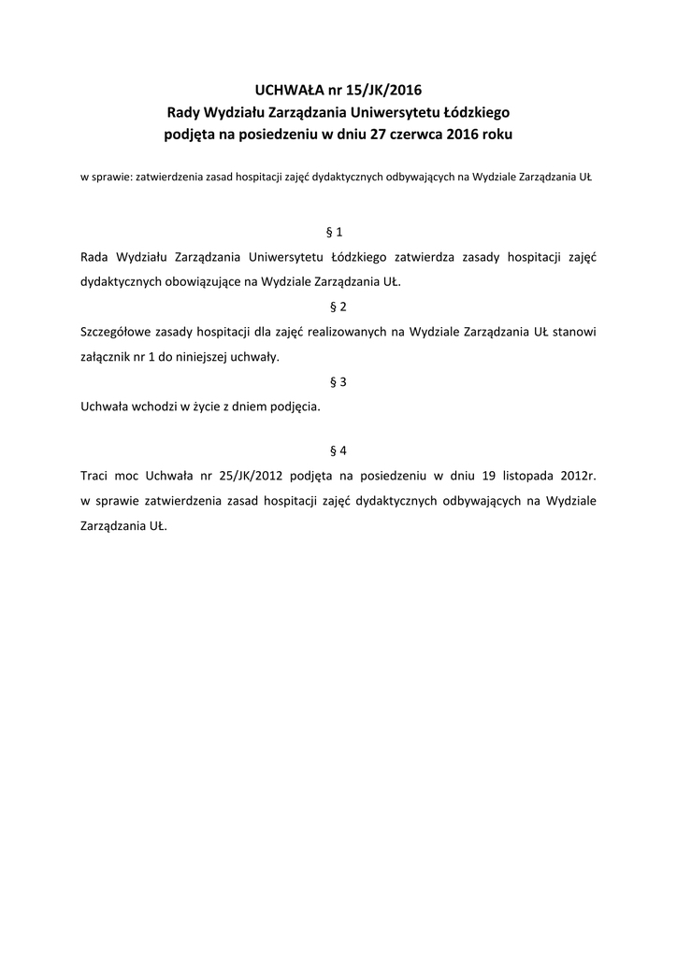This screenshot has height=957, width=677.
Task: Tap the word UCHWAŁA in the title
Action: coord(285,91)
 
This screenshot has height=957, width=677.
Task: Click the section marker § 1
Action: coord(338,230)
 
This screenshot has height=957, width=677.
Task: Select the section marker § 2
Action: coord(338,306)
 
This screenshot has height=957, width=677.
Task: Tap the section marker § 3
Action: coord(338,381)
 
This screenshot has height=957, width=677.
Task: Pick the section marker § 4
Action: coord(338,450)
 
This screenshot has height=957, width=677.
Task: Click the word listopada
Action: coord(519,476)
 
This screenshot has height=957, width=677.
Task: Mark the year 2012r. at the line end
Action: coord(577,476)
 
